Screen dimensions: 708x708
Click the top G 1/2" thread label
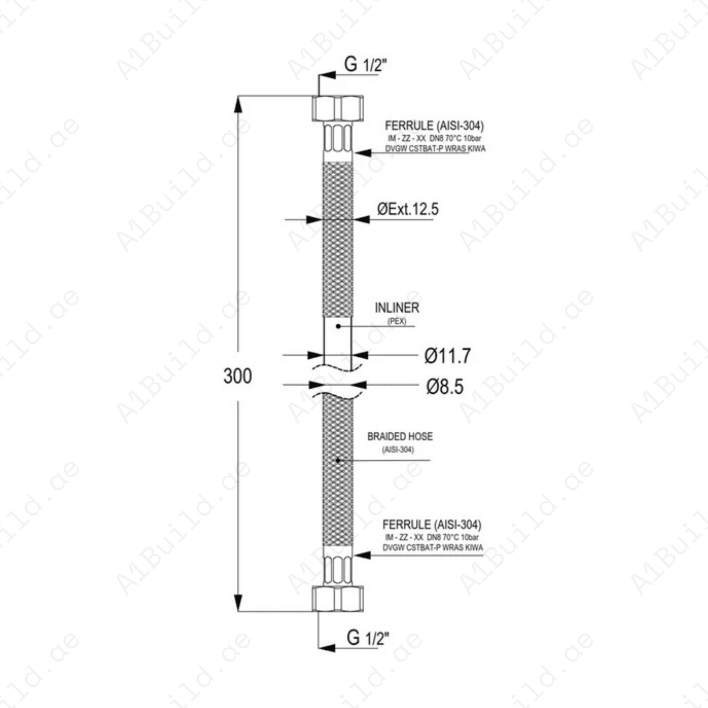pos(365,64)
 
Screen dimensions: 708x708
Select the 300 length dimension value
pos(238,376)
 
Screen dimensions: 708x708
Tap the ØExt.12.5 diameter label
pos(408,209)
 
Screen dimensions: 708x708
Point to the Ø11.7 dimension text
pos(447,356)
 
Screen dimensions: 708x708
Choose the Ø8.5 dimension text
pos(445,386)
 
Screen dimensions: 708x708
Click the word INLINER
pos(397,308)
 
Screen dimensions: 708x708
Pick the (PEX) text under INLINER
pos(397,321)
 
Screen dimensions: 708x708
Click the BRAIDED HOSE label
pos(400,436)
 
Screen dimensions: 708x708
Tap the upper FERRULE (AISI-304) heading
pos(434,125)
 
